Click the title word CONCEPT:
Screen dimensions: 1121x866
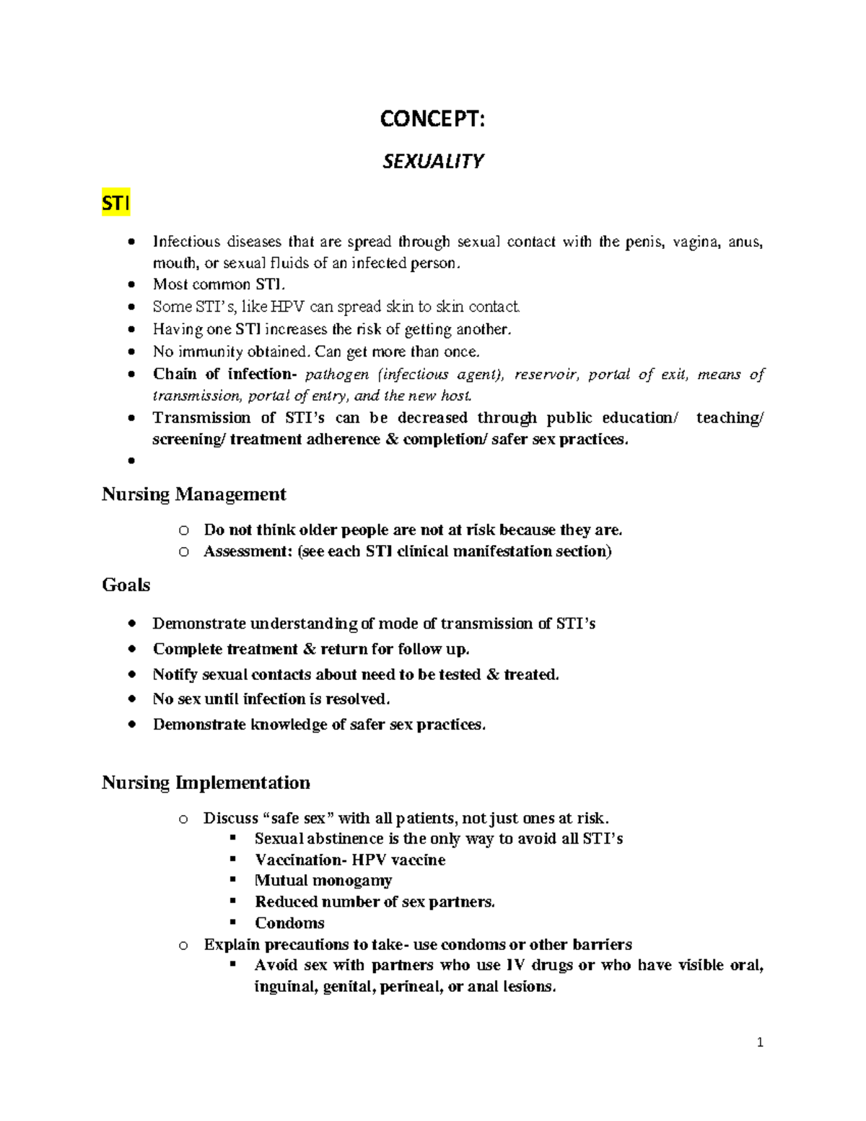432,119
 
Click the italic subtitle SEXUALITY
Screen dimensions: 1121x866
432,161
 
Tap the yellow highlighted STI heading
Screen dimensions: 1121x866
115,204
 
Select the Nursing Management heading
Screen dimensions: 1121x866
193,494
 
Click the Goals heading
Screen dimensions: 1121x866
126,585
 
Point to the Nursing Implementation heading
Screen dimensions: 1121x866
206,782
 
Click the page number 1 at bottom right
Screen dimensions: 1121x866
760,1042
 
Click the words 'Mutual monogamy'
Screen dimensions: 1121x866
323,881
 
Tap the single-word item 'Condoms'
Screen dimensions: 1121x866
289,923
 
